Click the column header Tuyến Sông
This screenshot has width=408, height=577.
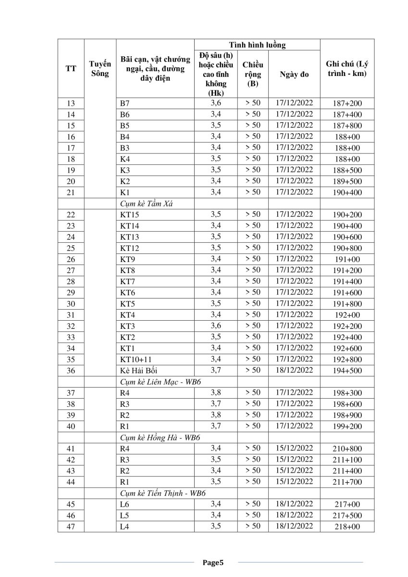(100, 68)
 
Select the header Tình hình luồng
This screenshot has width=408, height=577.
(257, 45)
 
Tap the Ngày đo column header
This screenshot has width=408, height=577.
(294, 75)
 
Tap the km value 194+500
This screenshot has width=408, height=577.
(347, 371)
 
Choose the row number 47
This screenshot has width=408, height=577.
(71, 527)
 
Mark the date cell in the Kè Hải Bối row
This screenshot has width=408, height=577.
(294, 370)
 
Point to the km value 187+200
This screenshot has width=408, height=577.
(347, 103)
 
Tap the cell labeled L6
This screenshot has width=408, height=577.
(125, 504)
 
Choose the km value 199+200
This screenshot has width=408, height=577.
(347, 426)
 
